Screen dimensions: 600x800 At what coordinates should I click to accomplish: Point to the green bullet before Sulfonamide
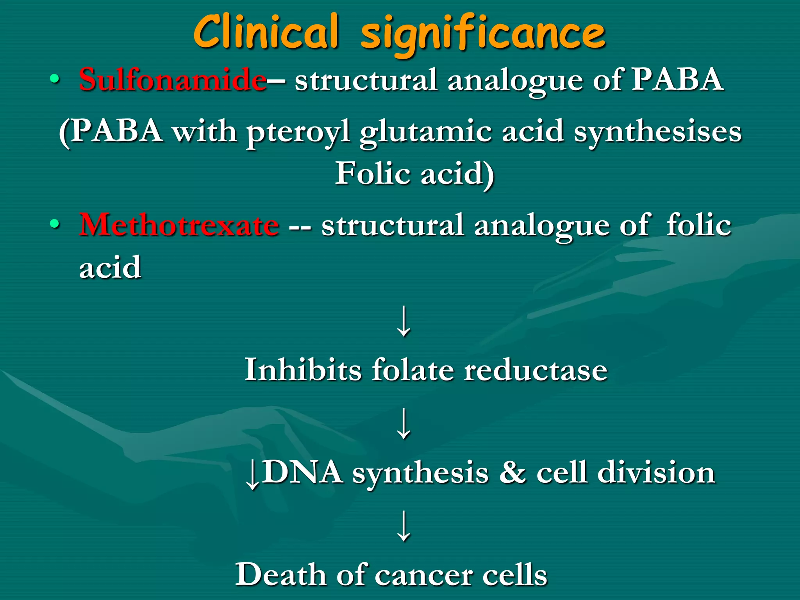[55, 80]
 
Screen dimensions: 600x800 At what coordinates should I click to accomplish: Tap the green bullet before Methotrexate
[55, 225]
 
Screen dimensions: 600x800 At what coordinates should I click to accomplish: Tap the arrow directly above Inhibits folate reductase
[404, 321]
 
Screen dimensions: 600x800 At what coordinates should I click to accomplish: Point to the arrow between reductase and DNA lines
[404, 423]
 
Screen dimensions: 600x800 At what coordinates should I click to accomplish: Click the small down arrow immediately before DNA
[252, 474]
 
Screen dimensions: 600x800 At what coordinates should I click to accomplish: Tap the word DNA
[302, 472]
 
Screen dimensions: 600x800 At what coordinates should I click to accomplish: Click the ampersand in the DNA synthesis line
[512, 472]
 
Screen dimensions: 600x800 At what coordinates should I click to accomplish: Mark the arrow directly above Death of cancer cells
[404, 526]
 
